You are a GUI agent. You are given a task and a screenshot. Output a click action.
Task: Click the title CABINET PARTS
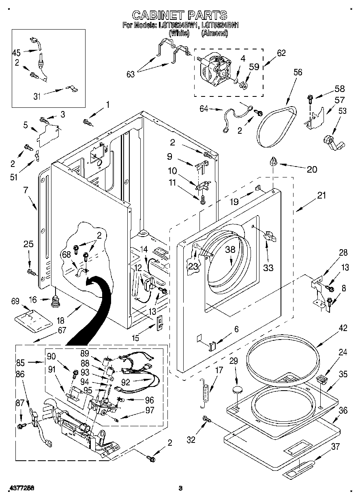point(180,15)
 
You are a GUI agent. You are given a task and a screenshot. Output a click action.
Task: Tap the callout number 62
point(281,53)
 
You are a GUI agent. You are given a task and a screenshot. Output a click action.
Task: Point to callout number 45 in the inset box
point(16,53)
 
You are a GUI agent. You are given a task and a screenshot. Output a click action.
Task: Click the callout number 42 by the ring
point(343,329)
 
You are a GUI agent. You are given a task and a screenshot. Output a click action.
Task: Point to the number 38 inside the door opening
point(230,250)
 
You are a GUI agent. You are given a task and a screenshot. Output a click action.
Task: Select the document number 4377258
point(20,488)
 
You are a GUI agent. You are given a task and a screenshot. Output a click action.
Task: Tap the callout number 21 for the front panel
point(321,196)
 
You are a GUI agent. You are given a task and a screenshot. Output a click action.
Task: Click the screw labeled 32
point(206,420)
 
